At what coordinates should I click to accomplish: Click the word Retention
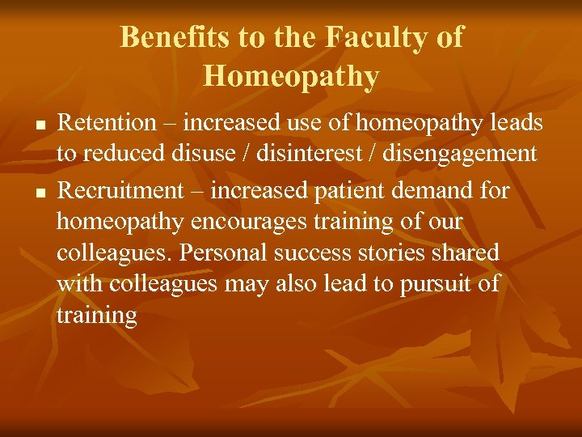click(x=107, y=123)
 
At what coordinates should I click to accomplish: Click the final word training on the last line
click(x=97, y=316)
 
